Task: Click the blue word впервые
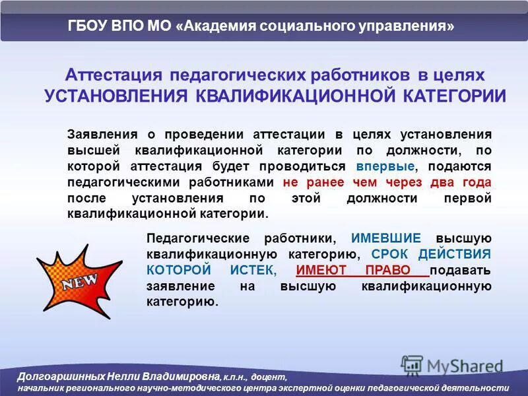(x=385, y=166)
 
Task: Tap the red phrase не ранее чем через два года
(x=387, y=182)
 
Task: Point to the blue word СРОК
(x=394, y=254)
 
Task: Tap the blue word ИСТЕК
(x=252, y=270)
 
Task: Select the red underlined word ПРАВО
(x=396, y=270)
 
